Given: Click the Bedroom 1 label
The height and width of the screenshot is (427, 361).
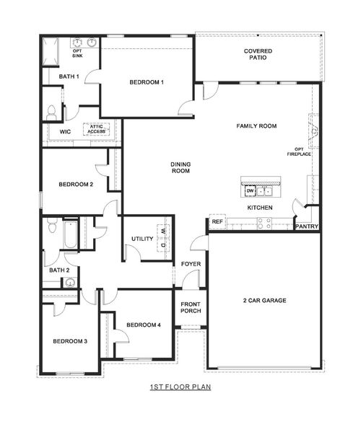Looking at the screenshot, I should pos(147,82).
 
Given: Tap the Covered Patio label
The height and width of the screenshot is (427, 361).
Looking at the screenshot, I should pos(258,56).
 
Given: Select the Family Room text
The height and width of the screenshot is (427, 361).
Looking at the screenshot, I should pos(256,126).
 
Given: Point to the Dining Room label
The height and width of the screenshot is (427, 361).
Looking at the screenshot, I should pos(180,168).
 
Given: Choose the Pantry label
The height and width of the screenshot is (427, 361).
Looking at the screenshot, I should pos(306,226).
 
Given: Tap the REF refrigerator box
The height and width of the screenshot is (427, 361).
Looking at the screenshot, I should pos(217,222).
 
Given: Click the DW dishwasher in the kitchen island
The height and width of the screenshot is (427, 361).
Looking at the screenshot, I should pos(251,191).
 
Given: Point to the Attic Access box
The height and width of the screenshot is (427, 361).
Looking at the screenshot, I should pos(97,129).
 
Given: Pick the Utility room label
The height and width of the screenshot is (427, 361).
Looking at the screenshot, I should pos(142,239).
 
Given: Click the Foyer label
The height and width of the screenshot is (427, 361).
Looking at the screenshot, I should pos(191,264).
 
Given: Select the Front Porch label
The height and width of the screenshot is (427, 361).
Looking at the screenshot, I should pos(191,307).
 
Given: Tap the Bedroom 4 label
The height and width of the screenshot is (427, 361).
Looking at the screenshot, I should pos(144,325).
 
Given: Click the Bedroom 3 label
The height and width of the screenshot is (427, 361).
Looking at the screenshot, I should pos(69,341).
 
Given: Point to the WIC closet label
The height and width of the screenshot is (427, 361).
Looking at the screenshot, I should pos(65,132).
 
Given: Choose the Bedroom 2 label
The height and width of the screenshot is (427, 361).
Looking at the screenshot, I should pos(76,185).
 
